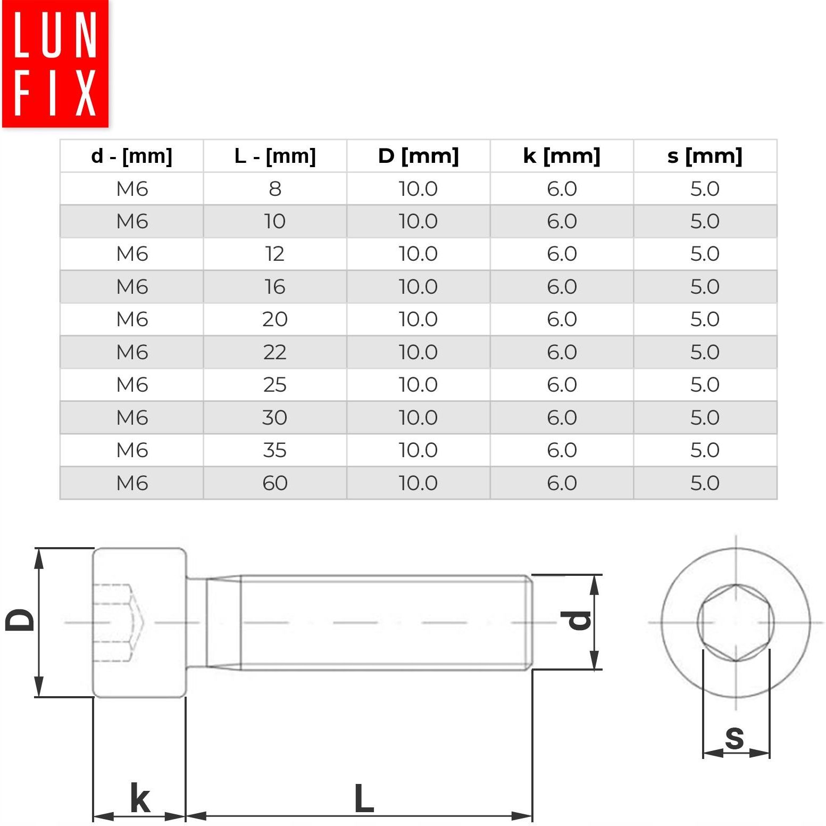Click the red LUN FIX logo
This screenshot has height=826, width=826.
coord(55,64)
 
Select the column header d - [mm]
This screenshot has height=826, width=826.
coord(132,156)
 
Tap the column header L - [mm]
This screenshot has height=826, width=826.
coord(275,156)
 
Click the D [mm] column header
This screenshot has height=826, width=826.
coord(418,156)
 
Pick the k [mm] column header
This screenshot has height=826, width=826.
coord(562,156)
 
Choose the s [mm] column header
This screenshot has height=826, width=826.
coord(705,156)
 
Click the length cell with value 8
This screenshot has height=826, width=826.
coord(275,188)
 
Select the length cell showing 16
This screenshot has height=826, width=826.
coord(275,287)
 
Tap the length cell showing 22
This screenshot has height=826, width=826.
coord(275,352)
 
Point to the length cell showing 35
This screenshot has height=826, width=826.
coord(275,450)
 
